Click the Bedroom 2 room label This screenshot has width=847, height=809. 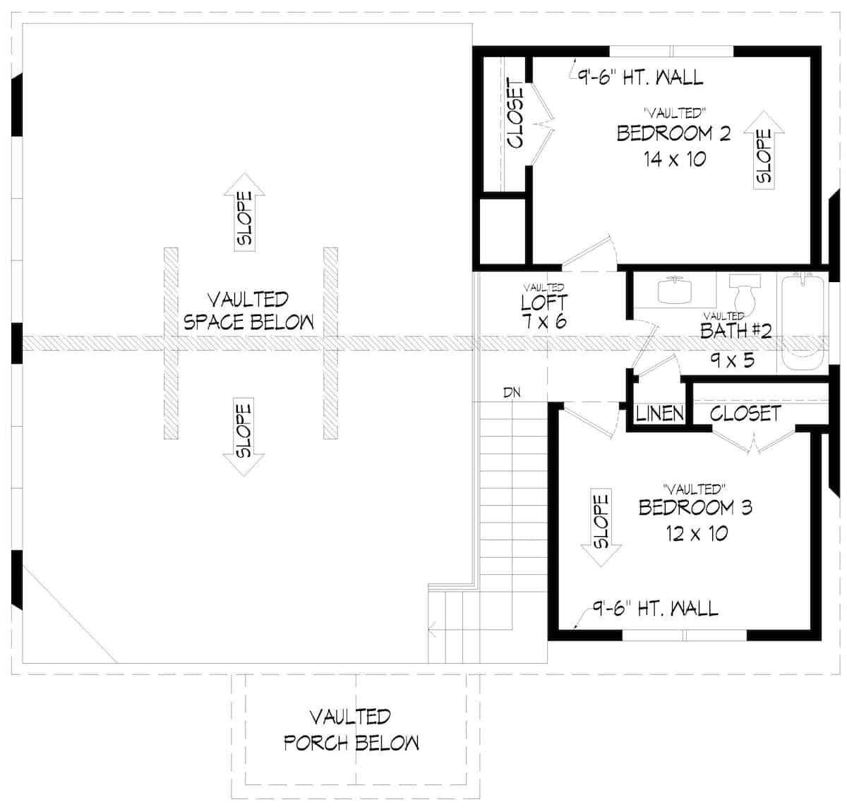[674, 133]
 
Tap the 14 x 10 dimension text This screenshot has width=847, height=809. [675, 159]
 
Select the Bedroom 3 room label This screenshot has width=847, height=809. [695, 508]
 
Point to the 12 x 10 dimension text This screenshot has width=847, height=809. [697, 533]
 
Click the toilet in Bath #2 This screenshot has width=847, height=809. [745, 291]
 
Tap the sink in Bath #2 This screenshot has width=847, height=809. [675, 290]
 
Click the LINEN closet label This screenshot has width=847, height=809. [659, 413]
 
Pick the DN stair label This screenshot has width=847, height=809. [512, 393]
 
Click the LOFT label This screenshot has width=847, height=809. [544, 303]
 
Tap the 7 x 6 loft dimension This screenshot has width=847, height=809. [544, 322]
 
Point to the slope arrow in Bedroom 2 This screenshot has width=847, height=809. [764, 150]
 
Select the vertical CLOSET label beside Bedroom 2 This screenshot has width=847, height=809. [515, 114]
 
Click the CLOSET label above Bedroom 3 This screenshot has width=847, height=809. [745, 413]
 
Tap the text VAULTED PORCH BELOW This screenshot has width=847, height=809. [352, 730]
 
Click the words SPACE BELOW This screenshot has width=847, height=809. [248, 322]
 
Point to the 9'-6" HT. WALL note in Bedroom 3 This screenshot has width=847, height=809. [655, 609]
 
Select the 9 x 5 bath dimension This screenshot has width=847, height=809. [733, 360]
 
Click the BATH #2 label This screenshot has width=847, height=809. [736, 331]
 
